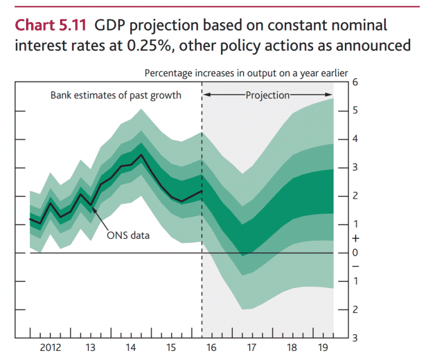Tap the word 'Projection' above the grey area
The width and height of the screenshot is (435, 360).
[x=267, y=95]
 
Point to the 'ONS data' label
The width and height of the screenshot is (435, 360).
[x=129, y=234]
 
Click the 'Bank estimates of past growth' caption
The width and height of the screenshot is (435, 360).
[x=116, y=95]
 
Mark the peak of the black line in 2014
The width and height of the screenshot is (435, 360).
[x=141, y=155]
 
